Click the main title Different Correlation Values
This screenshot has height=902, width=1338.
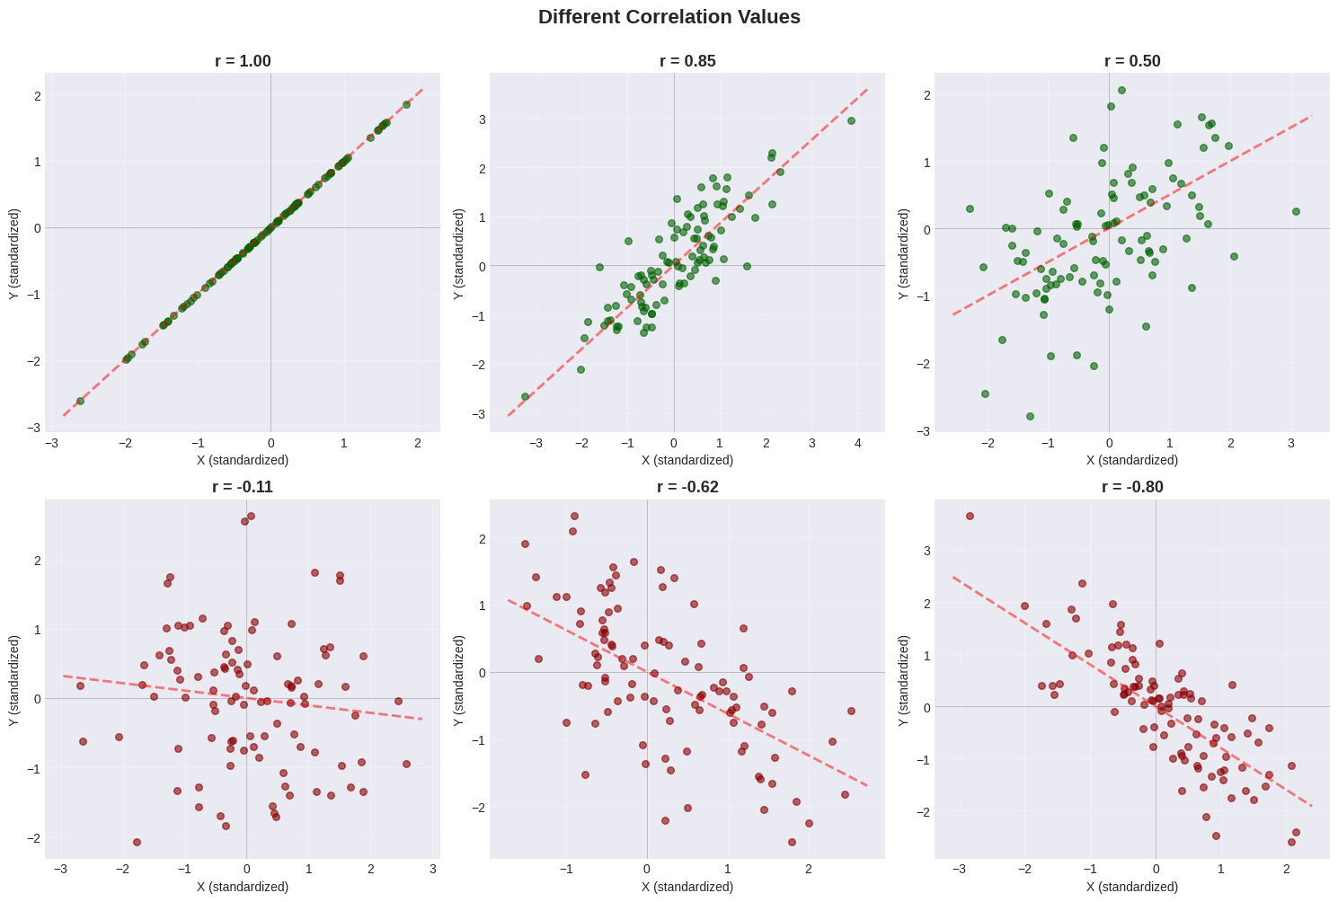(669, 17)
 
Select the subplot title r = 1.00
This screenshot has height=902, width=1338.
(243, 61)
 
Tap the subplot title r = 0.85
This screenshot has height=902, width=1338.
(687, 61)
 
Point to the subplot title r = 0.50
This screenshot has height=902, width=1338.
(1132, 61)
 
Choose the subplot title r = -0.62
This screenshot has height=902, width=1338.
(687, 487)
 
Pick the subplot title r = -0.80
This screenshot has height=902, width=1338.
(1132, 487)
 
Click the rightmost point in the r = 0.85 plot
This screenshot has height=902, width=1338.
(851, 120)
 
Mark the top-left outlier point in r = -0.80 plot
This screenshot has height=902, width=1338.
(970, 516)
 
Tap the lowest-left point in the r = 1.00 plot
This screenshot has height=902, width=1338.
(80, 401)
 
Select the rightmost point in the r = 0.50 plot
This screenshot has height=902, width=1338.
(1296, 211)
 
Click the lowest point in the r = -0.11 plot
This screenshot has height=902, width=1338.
(137, 842)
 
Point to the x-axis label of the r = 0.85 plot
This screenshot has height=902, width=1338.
(687, 460)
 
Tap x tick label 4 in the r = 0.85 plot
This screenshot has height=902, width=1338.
(858, 443)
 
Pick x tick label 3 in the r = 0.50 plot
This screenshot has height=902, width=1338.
(1290, 443)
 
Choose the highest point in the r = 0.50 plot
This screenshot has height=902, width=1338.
(1121, 90)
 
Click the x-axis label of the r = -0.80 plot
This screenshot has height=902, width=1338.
(1132, 887)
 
